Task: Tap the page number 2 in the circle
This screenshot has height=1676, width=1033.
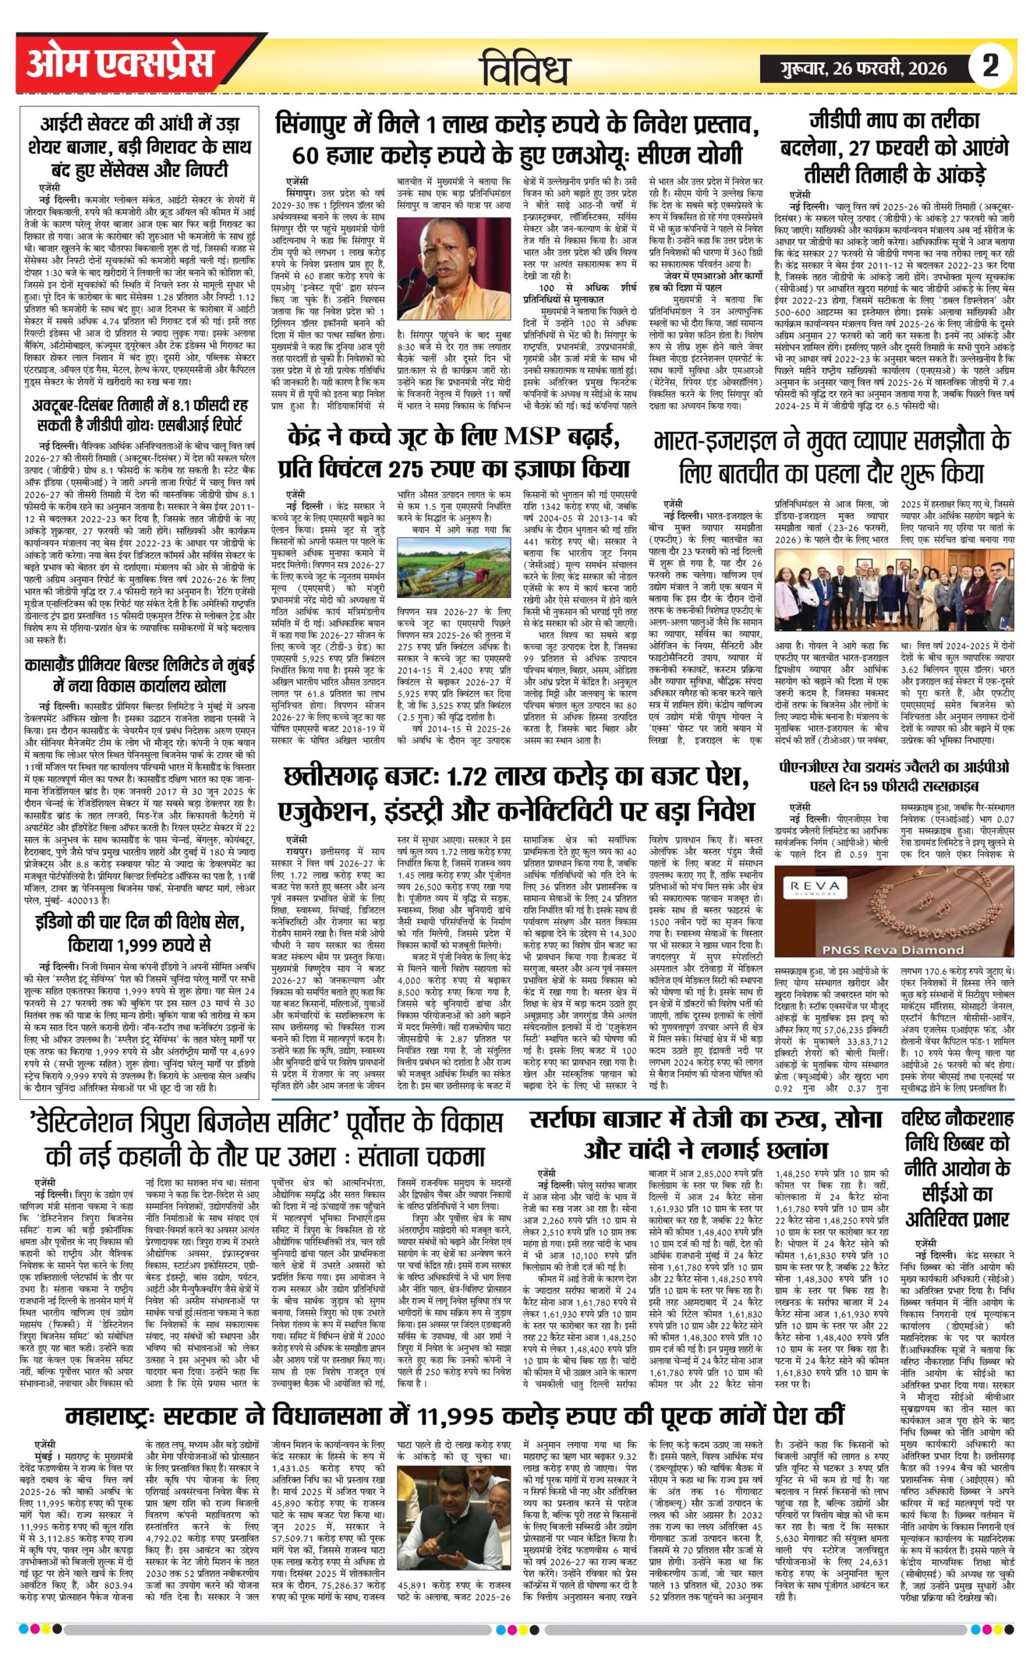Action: [x=990, y=65]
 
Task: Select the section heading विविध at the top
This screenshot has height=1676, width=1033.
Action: [x=526, y=69]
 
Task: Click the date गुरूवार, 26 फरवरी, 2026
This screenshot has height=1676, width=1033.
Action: [x=865, y=67]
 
